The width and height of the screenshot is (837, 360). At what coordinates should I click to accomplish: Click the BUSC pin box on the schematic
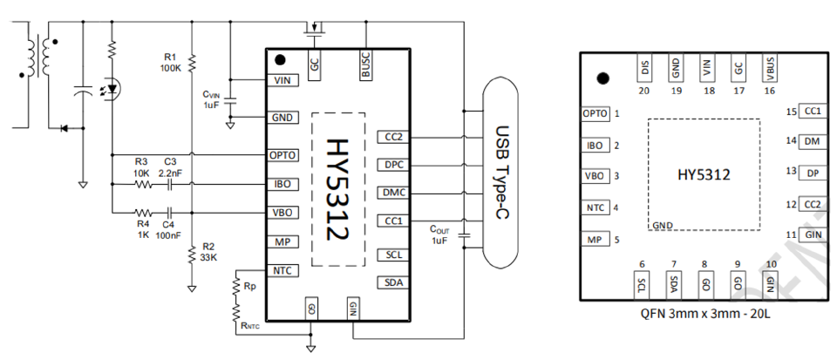[365, 65]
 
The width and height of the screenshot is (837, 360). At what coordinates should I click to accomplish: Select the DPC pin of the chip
[393, 166]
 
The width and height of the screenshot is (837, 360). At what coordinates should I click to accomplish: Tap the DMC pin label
[393, 193]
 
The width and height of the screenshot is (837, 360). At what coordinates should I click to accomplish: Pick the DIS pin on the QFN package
[645, 68]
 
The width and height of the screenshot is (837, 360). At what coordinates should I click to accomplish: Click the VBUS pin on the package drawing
[770, 68]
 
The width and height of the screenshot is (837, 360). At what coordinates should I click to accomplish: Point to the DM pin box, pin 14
[812, 141]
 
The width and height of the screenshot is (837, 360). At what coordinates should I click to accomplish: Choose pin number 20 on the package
[644, 91]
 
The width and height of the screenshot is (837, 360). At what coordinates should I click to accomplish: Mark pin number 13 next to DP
[791, 171]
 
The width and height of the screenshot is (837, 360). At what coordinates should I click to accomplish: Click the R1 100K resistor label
[170, 63]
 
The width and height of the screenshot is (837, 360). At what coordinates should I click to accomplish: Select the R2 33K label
[208, 251]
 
